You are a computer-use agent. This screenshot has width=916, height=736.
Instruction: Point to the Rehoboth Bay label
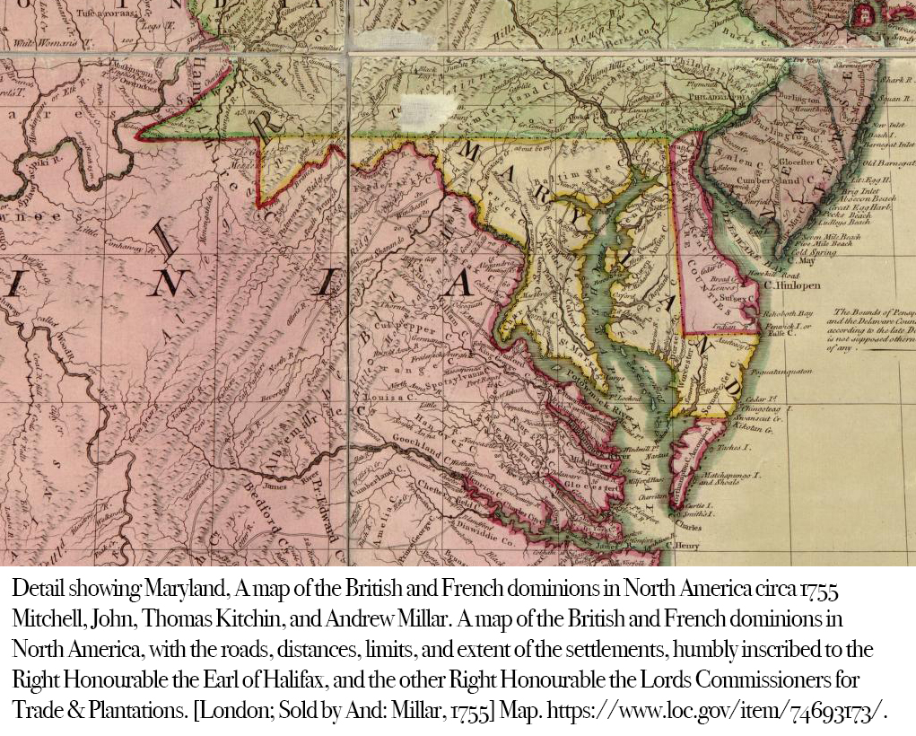click(x=787, y=313)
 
